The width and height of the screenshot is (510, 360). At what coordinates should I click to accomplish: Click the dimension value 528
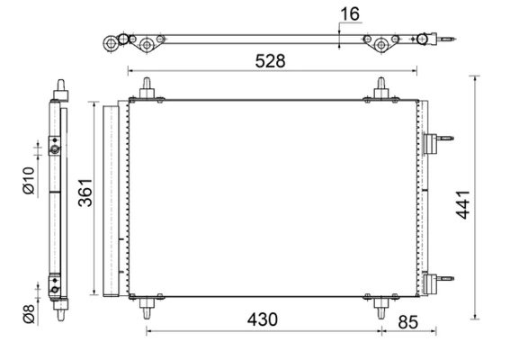coord(270,61)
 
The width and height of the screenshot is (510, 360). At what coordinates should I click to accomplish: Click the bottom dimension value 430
coord(258,319)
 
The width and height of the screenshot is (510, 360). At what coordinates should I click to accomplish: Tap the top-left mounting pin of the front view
coord(145,88)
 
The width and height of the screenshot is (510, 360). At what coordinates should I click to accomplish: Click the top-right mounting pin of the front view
coord(380,88)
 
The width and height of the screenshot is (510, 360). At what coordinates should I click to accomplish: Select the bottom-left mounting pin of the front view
coord(145,309)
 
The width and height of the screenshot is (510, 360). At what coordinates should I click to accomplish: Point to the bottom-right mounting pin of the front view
coord(380,309)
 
